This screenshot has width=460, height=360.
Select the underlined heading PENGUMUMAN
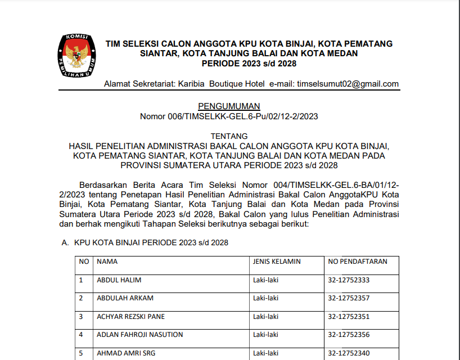229,106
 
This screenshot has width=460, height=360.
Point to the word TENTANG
229,136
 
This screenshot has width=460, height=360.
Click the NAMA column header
107,262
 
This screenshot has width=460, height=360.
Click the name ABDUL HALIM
119,280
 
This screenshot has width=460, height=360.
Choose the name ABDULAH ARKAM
125,298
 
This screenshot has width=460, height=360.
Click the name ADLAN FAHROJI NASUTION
139,335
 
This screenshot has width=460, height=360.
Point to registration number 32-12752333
349,280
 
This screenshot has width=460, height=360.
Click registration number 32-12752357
349,298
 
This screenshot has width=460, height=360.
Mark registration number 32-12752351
349,316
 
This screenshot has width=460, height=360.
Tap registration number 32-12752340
349,353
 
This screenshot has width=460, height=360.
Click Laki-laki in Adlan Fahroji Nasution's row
265,335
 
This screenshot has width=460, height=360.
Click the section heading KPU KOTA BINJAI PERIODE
151,242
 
